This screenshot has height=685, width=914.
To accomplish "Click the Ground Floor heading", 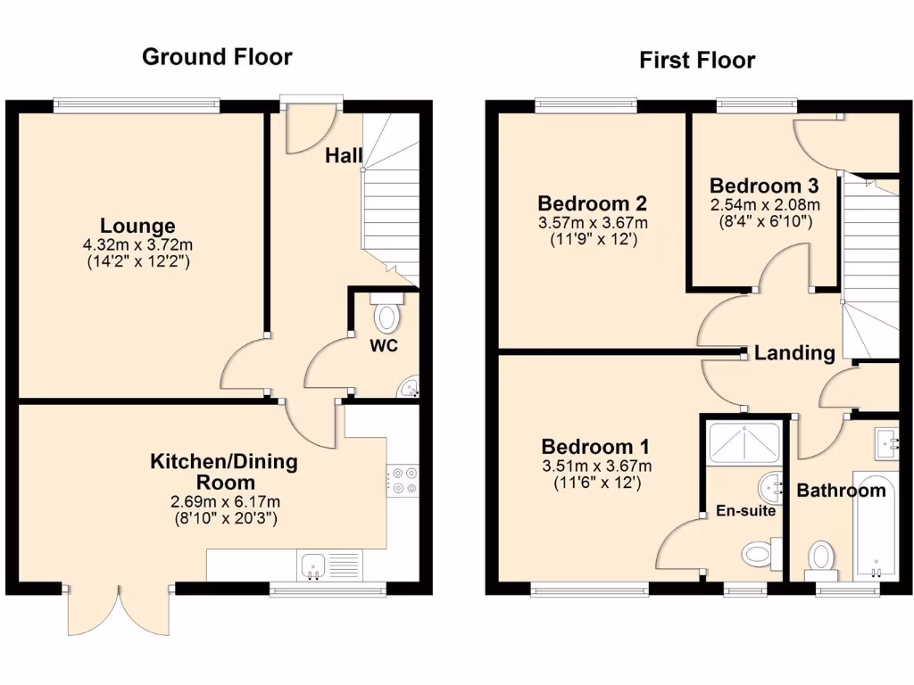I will [x=217, y=57].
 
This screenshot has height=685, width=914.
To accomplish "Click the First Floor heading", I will [x=696, y=61].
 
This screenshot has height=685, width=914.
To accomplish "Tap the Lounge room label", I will [x=137, y=226].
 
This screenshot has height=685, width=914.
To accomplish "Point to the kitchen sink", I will [x=313, y=564].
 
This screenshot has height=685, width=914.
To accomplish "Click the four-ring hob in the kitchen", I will [x=402, y=480].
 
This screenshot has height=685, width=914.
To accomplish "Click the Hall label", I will [x=344, y=156].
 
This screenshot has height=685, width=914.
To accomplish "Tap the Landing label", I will [x=794, y=353].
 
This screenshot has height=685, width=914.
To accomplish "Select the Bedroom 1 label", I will [x=595, y=447].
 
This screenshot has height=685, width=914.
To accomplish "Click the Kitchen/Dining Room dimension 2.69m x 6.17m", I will [x=223, y=500].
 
